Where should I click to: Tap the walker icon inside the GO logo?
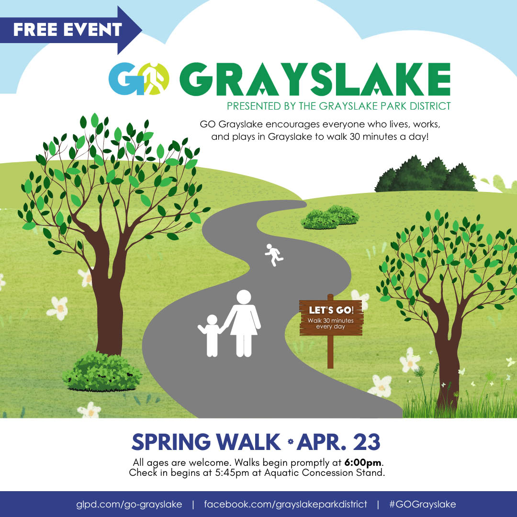(x=155, y=79)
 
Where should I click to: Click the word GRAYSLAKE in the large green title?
(x=315, y=79)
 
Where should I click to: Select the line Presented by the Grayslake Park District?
(x=338, y=106)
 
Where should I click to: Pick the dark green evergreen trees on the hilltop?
(x=426, y=174)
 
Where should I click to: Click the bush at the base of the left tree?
(x=102, y=371)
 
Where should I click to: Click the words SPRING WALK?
(x=206, y=442)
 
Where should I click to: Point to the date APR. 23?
(x=338, y=442)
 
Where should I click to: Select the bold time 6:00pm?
(x=363, y=462)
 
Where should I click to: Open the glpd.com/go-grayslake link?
(x=129, y=504)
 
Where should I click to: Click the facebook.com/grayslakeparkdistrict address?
(x=285, y=504)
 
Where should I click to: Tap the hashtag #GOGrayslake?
(x=423, y=504)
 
